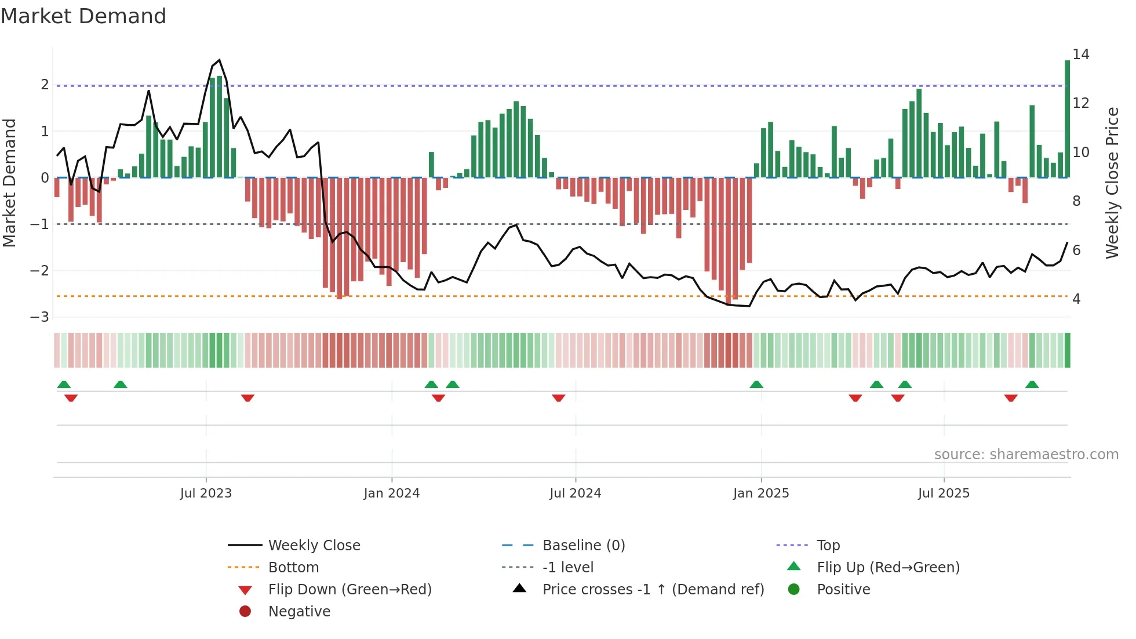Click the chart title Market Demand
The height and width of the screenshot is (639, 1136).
click(x=83, y=16)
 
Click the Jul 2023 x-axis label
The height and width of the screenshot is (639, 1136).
click(x=206, y=493)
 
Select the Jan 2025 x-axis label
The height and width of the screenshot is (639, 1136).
click(x=760, y=493)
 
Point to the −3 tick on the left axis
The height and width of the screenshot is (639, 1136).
click(x=40, y=317)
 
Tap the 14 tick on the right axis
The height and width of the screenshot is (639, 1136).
click(x=1080, y=55)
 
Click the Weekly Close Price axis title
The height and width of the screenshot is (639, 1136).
click(x=1112, y=183)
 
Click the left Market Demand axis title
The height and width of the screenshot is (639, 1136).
click(x=9, y=183)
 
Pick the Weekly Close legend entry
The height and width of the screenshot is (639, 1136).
click(x=314, y=545)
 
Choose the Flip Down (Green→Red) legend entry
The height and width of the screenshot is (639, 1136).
click(x=349, y=589)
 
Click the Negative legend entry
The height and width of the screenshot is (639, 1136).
click(x=299, y=611)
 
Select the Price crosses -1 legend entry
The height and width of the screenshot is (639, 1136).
click(x=653, y=589)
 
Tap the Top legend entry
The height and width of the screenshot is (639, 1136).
click(x=828, y=545)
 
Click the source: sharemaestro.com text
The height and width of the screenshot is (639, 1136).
click(x=1026, y=455)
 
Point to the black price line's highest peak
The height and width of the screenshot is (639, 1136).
click(x=219, y=60)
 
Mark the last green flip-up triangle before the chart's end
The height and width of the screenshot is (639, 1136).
click(x=1032, y=384)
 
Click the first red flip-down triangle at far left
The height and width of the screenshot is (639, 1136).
click(x=71, y=398)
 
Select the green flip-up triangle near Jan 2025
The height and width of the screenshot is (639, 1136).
click(x=756, y=384)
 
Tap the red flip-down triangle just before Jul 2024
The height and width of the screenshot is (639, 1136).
click(x=558, y=398)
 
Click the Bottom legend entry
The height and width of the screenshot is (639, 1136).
click(x=293, y=567)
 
